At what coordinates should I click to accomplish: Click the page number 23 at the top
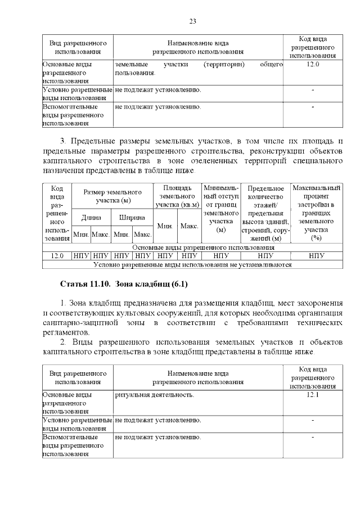pos(192,21)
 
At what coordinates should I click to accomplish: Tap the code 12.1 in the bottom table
pos(313,395)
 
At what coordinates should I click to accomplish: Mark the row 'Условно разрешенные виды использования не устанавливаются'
pos(192,263)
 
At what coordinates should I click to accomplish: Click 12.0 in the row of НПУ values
pos(57,255)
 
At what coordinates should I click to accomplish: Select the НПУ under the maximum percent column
pos(316,255)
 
